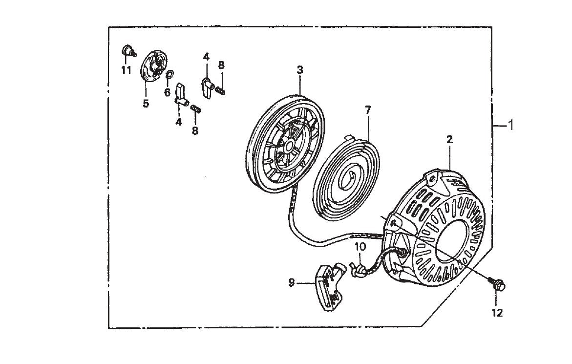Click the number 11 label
[x=127, y=70]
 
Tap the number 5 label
[x=146, y=104]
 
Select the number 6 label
[x=167, y=92]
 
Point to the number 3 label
[x=300, y=70]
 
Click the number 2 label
[x=449, y=139]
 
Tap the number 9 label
[x=292, y=282]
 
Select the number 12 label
[x=497, y=313]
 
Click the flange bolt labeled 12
[x=497, y=286]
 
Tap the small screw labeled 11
[x=127, y=50]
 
